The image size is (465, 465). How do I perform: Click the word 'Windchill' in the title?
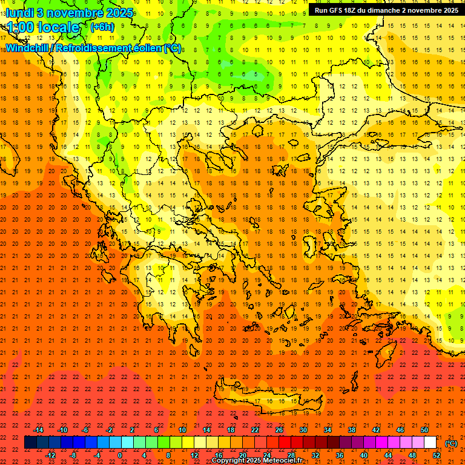coord(27,48)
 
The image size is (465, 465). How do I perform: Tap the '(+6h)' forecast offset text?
coord(101,27)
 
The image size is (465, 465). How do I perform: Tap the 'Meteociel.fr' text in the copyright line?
coord(283,461)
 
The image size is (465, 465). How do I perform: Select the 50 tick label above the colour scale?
coord(424,430)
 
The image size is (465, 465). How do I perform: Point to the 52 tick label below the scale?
coord(437,455)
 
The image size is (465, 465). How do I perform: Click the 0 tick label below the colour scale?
coord(120,455)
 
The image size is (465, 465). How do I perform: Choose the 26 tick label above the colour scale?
coord(279,430)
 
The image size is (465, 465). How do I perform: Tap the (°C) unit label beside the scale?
coord(451,443)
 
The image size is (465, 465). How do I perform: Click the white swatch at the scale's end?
coord(430,443)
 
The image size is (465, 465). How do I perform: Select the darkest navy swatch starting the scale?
coord(30,443)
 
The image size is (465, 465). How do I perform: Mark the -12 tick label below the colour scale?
coord(50,455)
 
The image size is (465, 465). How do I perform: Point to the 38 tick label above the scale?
coord(352,430)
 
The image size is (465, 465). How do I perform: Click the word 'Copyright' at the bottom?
coord(229,461)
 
